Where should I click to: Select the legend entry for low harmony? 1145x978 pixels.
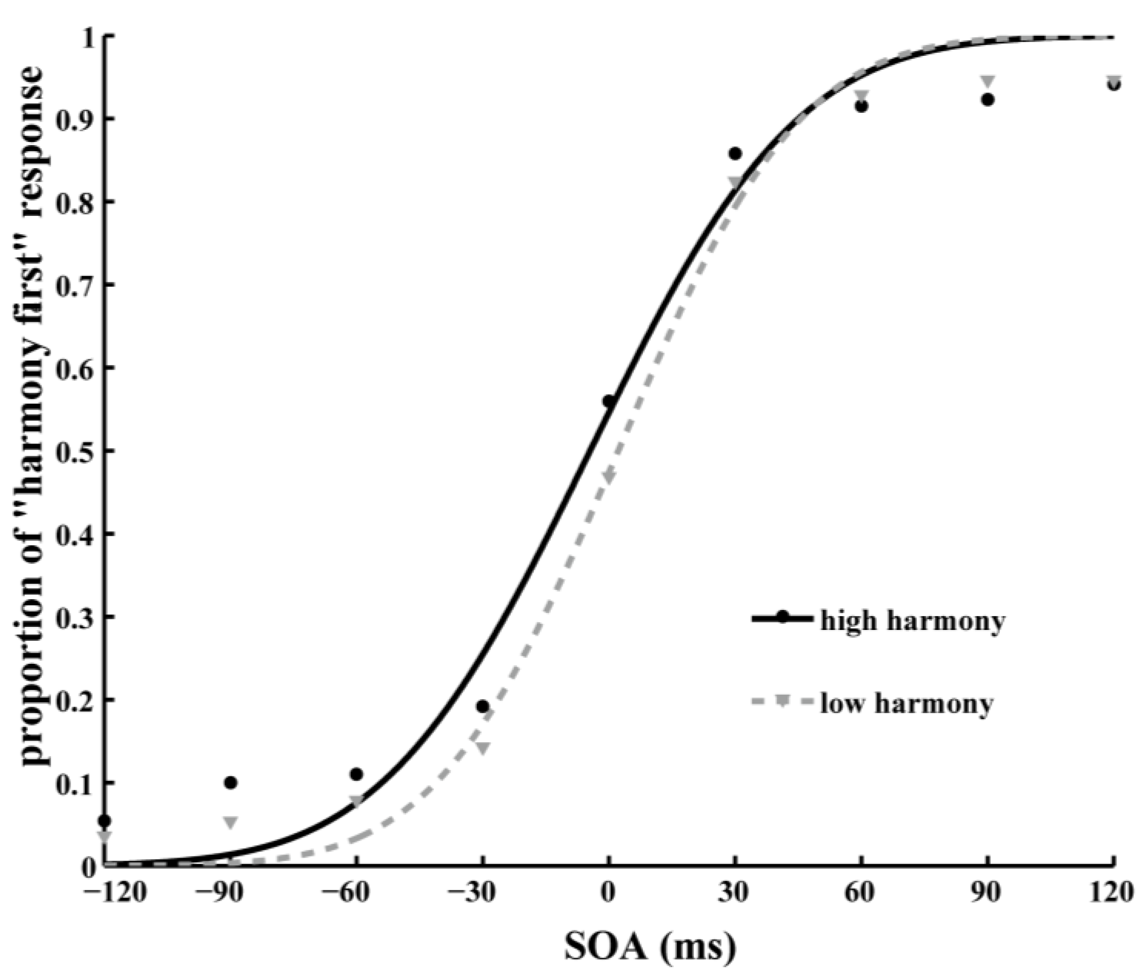[906, 704]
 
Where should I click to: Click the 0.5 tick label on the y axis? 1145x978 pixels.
[76, 451]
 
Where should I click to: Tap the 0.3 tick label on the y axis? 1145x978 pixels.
[76, 617]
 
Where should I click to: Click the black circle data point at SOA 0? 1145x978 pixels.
[609, 401]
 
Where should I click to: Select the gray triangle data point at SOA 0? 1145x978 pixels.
[609, 475]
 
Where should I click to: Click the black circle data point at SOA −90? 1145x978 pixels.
[231, 782]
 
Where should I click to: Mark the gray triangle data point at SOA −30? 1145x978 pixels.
[483, 748]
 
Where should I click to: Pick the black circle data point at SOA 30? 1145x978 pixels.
[735, 154]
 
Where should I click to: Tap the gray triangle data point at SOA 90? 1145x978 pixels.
[988, 80]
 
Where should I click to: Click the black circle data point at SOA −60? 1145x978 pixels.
[357, 774]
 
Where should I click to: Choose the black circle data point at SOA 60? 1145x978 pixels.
[861, 106]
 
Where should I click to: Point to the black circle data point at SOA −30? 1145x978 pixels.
[483, 706]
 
